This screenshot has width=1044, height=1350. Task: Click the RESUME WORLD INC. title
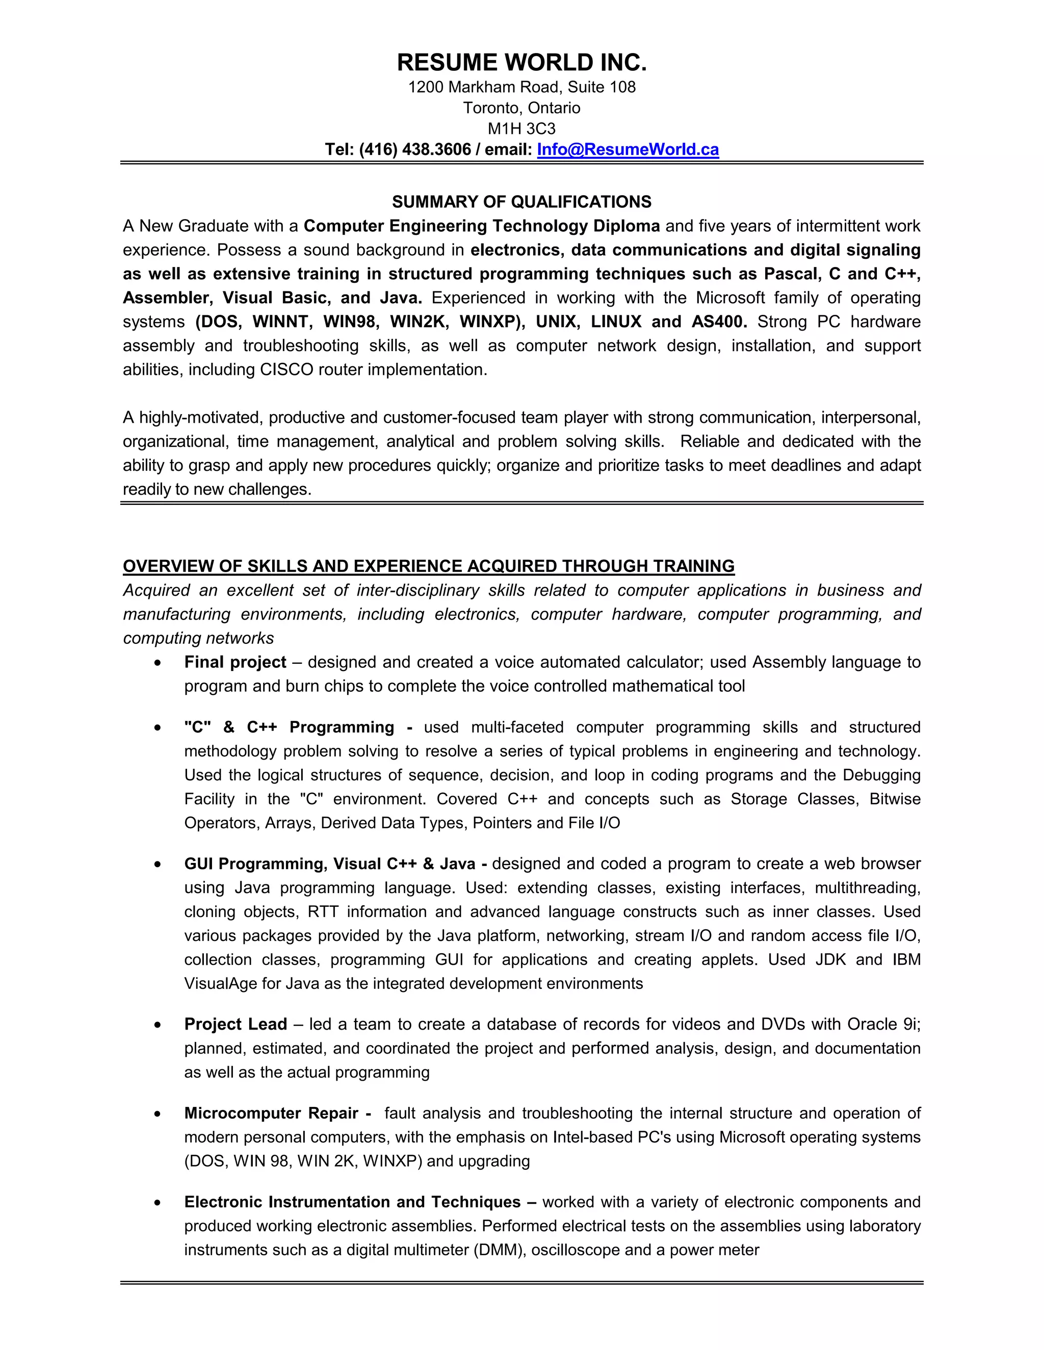pos(521,63)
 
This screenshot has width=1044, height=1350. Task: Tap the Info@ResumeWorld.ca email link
pos(628,150)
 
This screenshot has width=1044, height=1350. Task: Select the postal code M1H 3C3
pos(521,128)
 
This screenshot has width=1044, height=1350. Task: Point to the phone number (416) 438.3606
pos(414,150)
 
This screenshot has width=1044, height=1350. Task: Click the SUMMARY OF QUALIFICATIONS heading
pos(521,202)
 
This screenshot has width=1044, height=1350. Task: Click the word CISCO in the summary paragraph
pos(286,370)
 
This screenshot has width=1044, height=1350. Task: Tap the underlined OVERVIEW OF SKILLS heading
pos(428,566)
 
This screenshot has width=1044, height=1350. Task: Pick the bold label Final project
pos(235,662)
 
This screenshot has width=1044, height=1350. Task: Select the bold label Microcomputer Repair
pos(271,1113)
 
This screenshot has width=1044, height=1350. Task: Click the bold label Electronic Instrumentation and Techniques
pos(353,1202)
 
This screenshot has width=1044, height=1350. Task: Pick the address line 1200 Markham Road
pos(521,87)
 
